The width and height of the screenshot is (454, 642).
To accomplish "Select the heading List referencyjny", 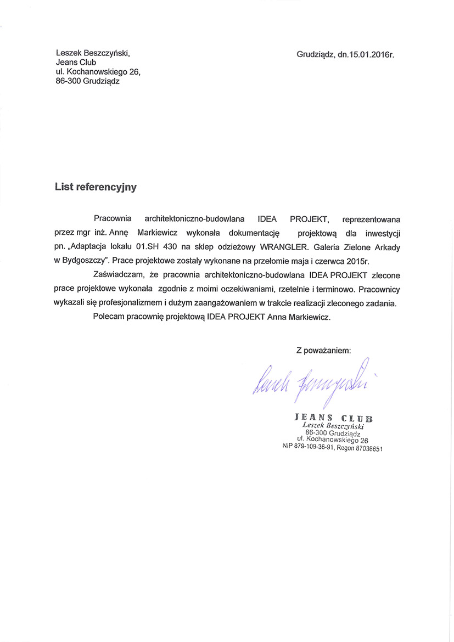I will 96,187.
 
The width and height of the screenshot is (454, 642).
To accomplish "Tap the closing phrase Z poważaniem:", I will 323,350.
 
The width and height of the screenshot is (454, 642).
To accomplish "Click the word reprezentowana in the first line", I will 371,218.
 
